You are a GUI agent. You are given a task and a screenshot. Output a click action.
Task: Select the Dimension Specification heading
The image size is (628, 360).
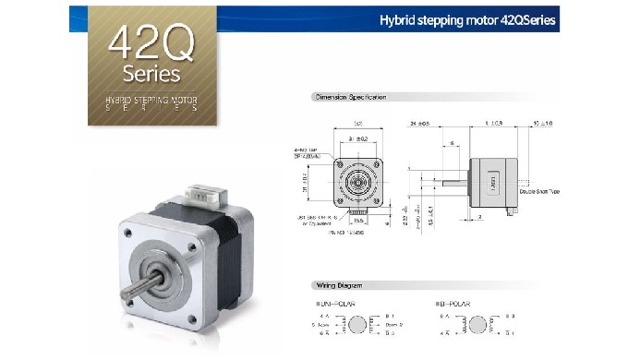[350, 97]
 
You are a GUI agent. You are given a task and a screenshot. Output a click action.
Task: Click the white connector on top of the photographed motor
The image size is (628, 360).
[203, 196]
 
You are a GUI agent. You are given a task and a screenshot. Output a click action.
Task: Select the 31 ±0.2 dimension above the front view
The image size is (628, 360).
[356, 138]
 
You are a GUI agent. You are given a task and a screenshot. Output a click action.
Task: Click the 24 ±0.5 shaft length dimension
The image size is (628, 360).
[421, 122]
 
